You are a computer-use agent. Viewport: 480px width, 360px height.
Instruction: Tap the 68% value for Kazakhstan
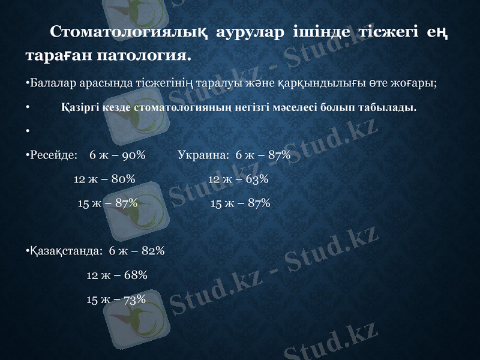click(x=136, y=275)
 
